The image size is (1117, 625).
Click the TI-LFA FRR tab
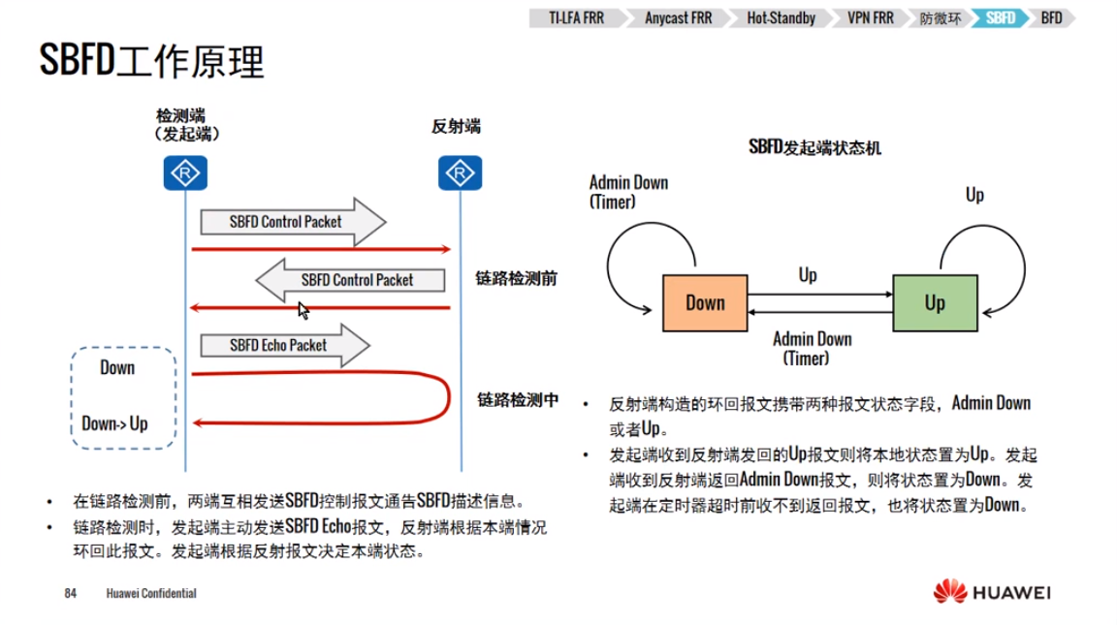(575, 18)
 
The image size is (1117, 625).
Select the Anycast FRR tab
(678, 18)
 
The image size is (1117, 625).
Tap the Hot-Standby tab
(781, 18)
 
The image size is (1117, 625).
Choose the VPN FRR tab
(870, 18)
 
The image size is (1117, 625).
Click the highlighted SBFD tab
(1000, 18)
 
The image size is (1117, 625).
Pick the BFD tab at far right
(1051, 18)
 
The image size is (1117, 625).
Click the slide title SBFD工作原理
(152, 62)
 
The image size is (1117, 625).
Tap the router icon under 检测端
(184, 173)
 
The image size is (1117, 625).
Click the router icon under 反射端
(460, 173)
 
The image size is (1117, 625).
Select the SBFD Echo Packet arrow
(284, 345)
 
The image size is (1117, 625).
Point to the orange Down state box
(705, 302)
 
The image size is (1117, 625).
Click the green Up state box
(934, 302)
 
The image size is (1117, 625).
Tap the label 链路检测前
(516, 278)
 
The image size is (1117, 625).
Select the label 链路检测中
(517, 398)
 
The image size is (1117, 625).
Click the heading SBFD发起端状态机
(814, 147)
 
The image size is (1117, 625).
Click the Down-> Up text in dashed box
(114, 423)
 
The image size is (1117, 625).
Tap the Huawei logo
(992, 591)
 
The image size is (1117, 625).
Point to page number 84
(70, 593)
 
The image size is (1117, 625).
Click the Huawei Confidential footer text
(151, 593)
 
